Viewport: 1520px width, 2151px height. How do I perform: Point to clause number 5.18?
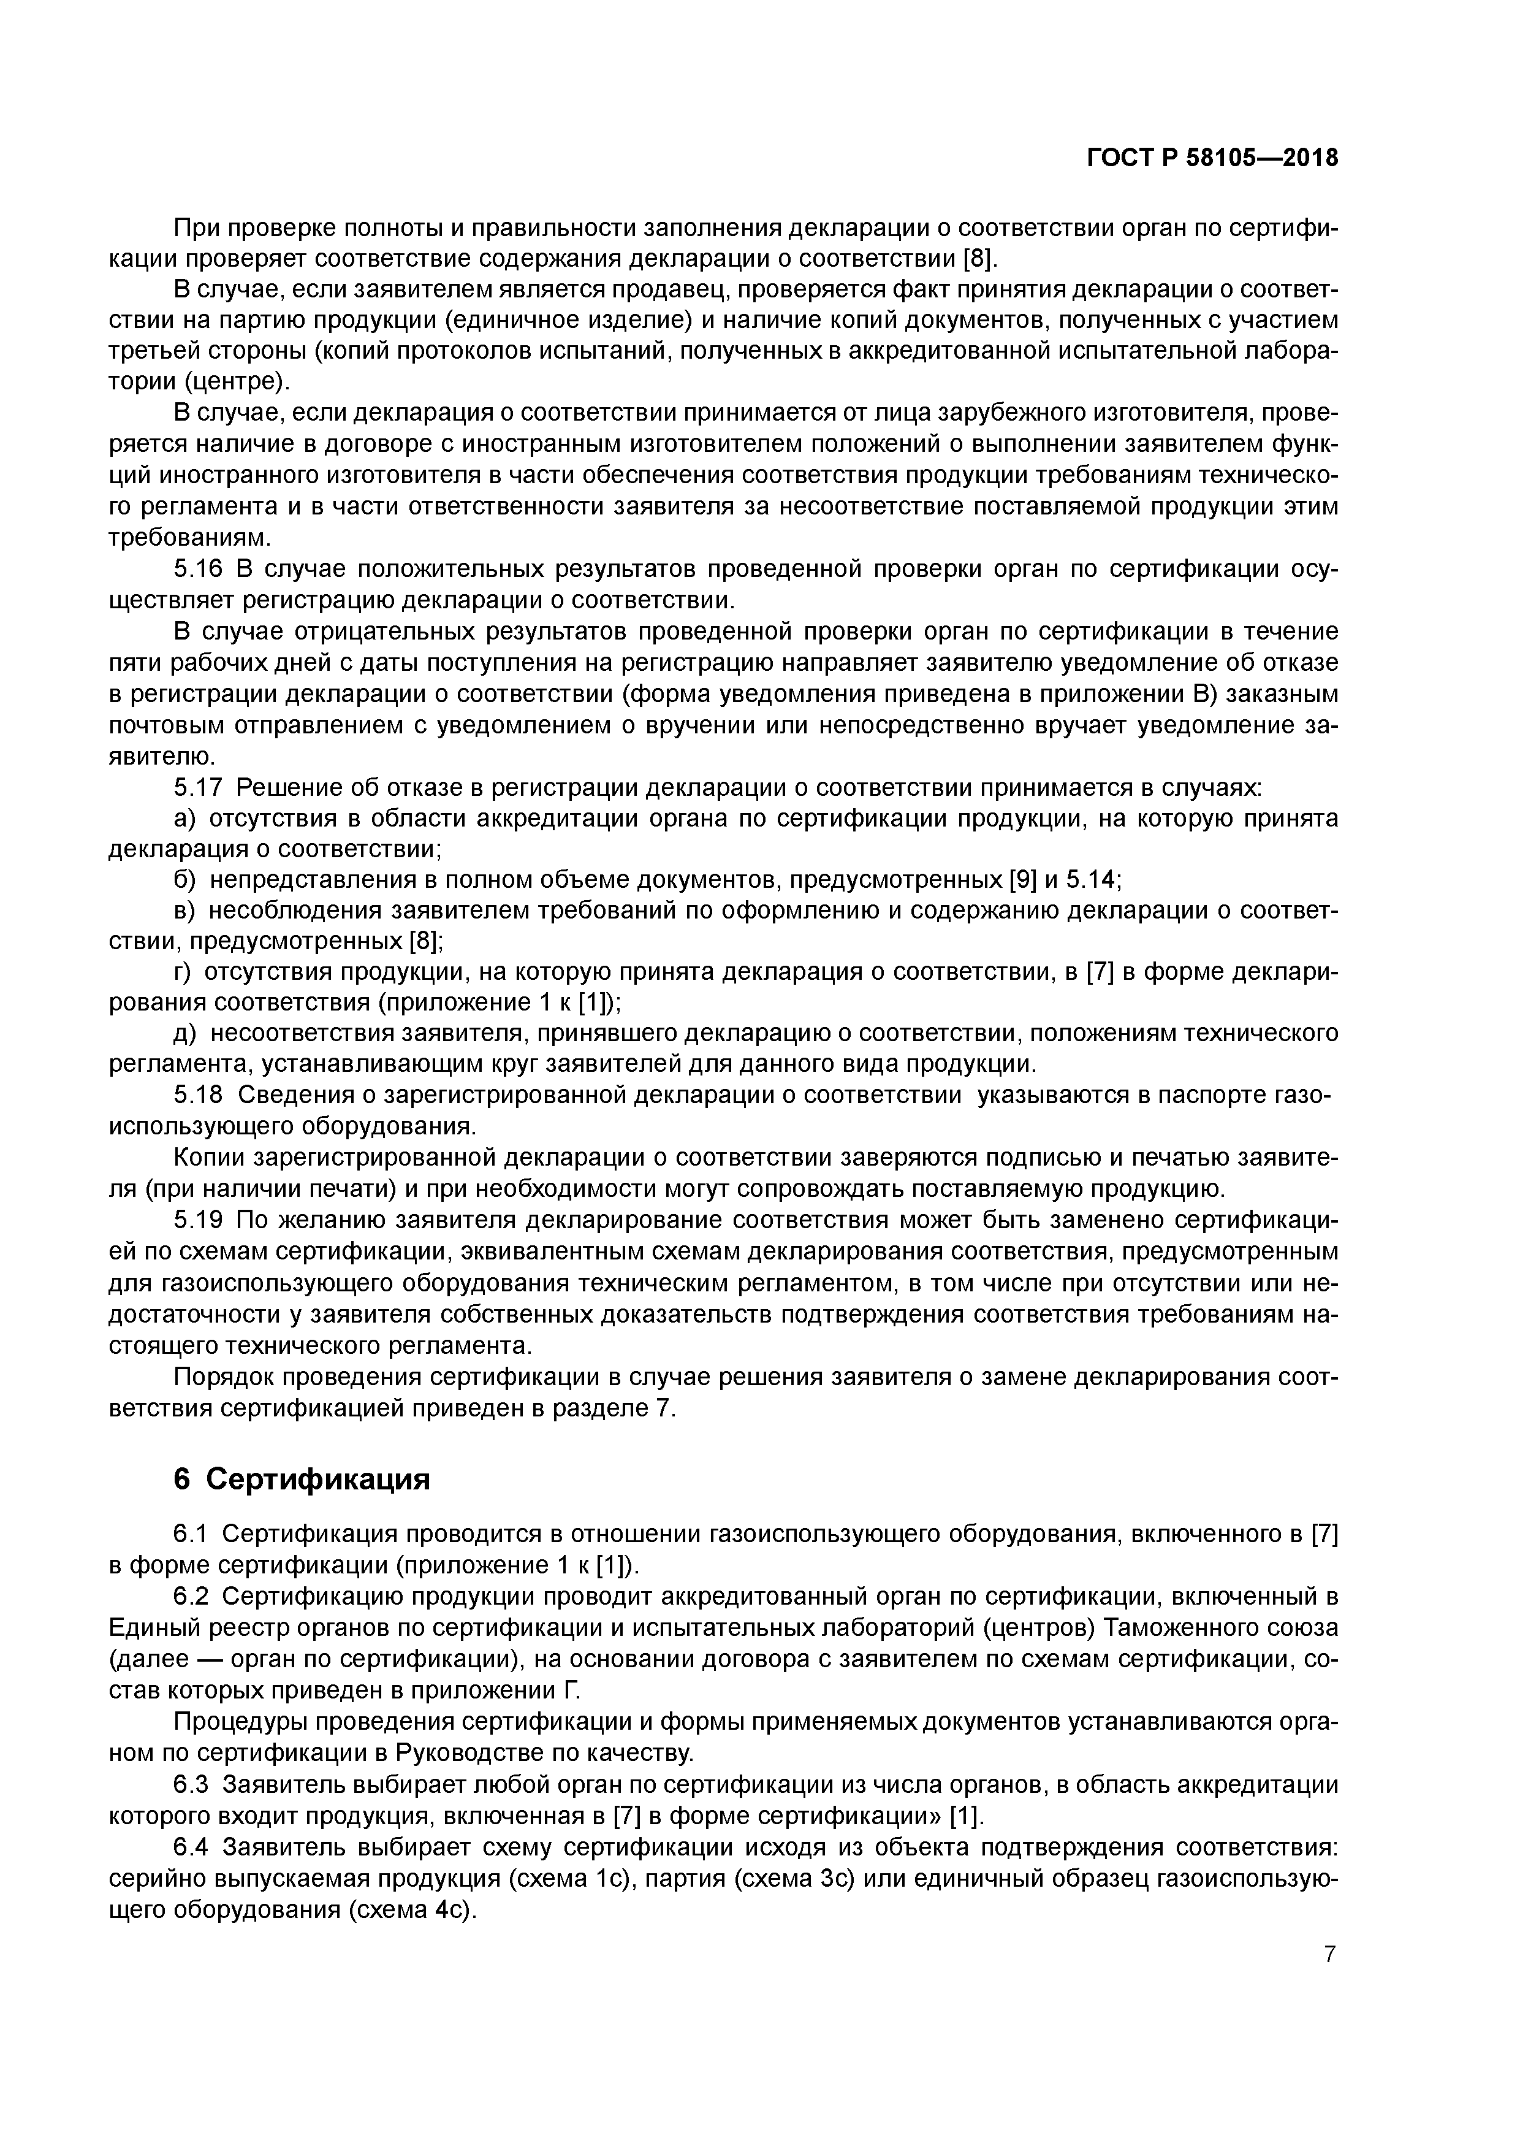(199, 1095)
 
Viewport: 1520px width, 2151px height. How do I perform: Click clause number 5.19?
(199, 1220)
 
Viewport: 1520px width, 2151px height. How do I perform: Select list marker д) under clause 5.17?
(186, 1033)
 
